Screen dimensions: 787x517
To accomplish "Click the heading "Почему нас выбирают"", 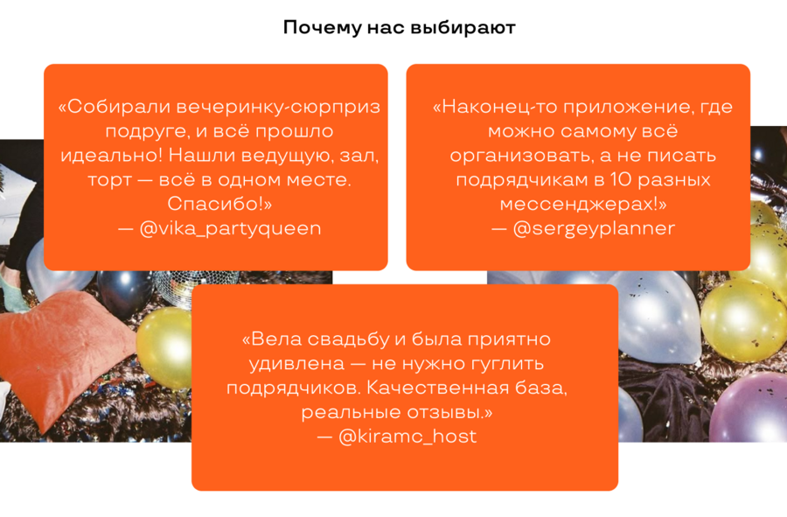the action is coord(399,27).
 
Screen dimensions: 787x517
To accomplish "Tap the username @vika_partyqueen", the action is coord(230,228).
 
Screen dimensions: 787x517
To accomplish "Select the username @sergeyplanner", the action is coord(594,228).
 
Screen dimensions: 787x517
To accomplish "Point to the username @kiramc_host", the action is coord(407,437).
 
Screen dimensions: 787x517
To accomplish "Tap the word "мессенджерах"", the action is coord(577,205).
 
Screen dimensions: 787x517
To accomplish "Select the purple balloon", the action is coord(748,407).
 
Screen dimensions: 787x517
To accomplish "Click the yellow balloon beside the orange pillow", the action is coord(164,347).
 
